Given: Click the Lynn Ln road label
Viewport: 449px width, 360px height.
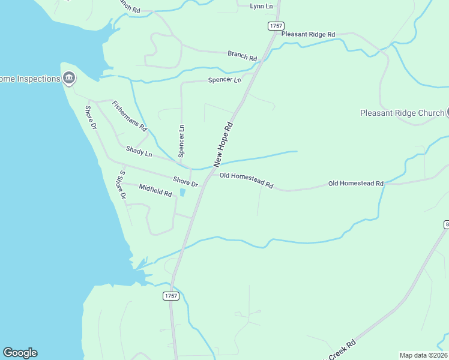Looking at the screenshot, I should coord(261,6).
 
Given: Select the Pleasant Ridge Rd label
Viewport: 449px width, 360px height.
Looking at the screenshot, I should coord(308,35).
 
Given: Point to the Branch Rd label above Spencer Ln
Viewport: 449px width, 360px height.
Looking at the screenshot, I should coord(242,56).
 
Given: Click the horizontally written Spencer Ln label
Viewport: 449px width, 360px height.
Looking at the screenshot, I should coord(224,80).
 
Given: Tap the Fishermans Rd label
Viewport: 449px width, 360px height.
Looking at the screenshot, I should coord(130,116).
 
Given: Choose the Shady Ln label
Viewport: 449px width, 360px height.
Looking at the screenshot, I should coord(139,151).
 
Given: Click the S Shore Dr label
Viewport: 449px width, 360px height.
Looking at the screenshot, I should coord(122,184).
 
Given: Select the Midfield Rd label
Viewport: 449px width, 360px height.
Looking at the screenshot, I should coord(155,190).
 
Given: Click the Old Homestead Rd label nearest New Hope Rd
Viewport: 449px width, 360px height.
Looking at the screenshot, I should coord(246,180).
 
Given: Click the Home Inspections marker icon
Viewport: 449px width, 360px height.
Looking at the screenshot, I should coord(69,79).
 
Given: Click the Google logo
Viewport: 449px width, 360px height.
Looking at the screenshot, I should coord(20,353).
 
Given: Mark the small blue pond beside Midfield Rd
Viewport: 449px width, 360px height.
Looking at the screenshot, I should coord(182,193).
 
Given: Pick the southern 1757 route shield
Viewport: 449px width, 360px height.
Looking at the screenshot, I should coord(171,296).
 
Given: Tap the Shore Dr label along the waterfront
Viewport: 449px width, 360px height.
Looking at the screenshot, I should coord(91,118).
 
